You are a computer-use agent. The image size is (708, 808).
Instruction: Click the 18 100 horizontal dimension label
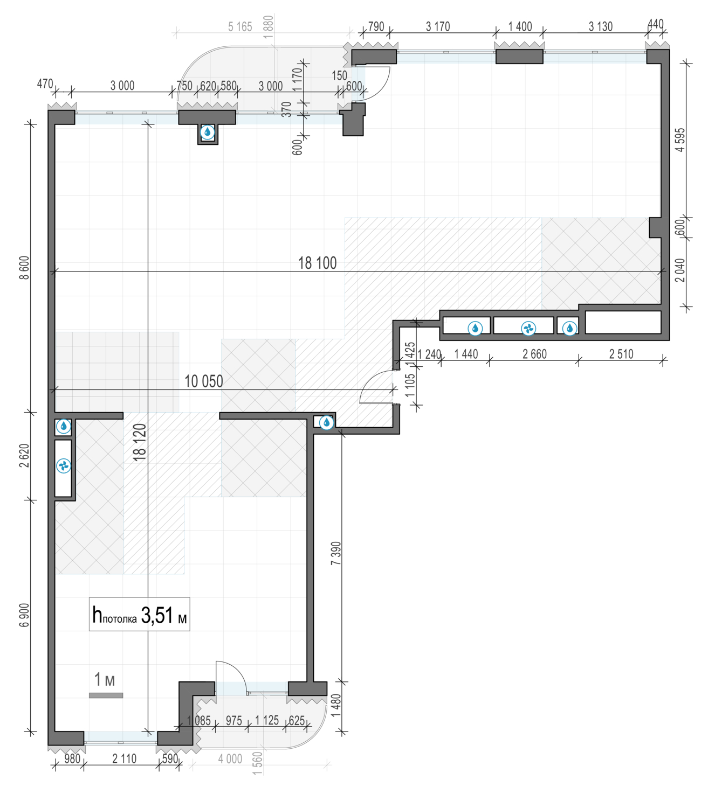[317, 263]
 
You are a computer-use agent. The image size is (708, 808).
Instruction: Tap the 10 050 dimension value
[204, 381]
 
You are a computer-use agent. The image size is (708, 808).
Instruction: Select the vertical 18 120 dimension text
[140, 442]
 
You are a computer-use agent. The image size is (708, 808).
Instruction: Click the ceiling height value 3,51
[157, 615]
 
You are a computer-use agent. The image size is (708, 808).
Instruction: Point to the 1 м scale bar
[106, 695]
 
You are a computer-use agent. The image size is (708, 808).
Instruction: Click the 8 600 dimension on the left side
[24, 268]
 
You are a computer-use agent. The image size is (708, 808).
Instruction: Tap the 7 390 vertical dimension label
[335, 553]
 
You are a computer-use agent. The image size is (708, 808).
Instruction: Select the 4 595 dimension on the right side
[680, 140]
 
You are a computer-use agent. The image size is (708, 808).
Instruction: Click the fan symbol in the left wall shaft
[63, 466]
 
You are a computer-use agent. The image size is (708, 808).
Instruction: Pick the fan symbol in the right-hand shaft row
[528, 328]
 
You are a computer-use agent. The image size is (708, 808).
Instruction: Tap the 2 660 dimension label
[534, 354]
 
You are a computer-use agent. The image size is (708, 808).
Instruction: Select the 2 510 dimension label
[621, 354]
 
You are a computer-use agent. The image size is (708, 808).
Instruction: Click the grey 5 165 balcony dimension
[240, 27]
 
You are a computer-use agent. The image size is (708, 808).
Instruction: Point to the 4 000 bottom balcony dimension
[230, 758]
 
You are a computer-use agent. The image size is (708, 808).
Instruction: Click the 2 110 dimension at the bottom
[124, 758]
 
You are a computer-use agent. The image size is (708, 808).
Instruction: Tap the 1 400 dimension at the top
[520, 27]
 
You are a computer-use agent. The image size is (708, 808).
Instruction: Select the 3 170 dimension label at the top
[438, 27]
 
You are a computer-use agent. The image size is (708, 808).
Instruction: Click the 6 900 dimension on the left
[24, 615]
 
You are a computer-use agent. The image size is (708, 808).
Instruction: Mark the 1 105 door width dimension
[410, 386]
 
